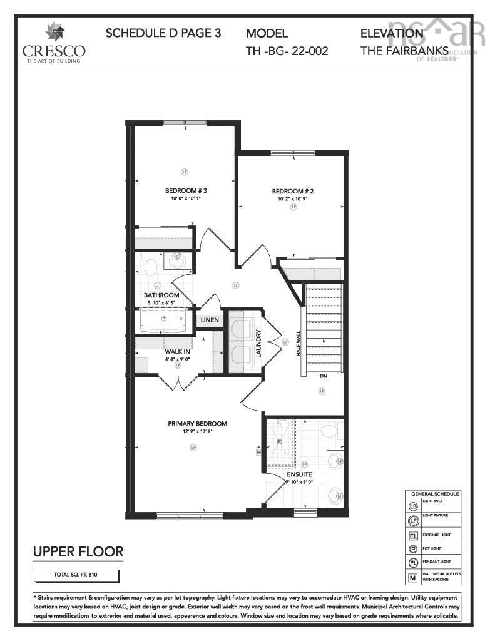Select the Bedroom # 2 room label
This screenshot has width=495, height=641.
pyautogui.click(x=292, y=191)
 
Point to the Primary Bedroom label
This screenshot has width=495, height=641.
pyautogui.click(x=197, y=424)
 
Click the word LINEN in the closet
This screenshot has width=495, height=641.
pyautogui.click(x=210, y=320)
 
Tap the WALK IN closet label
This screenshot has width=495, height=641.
pyautogui.click(x=177, y=352)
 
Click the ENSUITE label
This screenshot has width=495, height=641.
pyautogui.click(x=300, y=474)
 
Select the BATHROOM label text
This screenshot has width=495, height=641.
pyautogui.click(x=161, y=295)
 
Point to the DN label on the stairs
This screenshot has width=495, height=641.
pyautogui.click(x=324, y=377)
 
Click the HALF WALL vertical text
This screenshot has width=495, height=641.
pyautogui.click(x=299, y=344)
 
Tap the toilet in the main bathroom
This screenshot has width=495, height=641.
pyautogui.click(x=150, y=268)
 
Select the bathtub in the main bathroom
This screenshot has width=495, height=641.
pyautogui.click(x=164, y=321)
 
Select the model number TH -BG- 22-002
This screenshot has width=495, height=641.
pyautogui.click(x=287, y=51)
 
